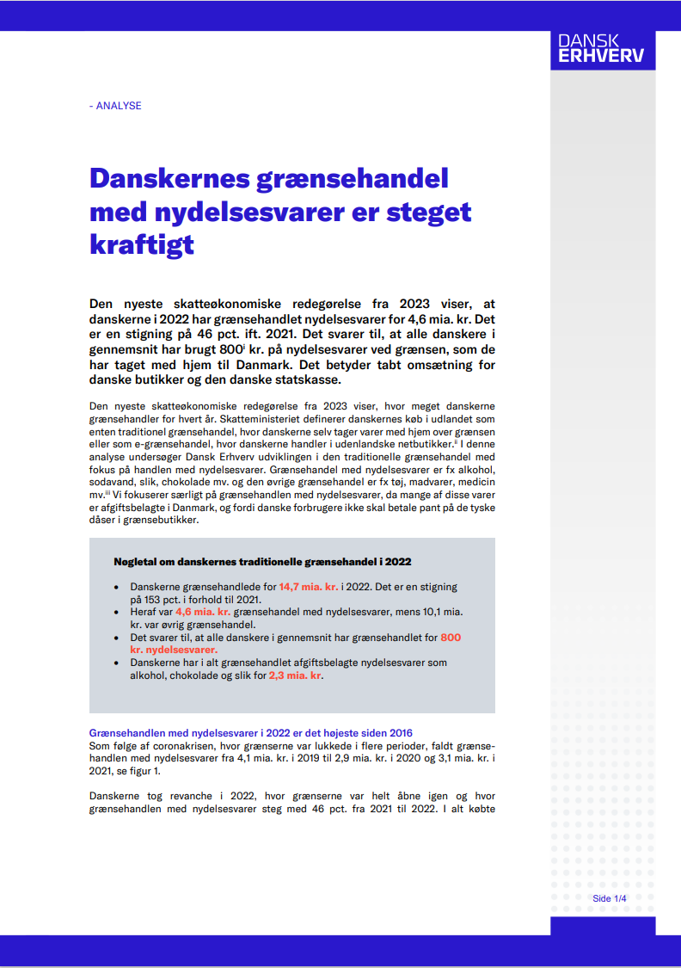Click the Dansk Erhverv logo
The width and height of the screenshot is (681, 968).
[601, 48]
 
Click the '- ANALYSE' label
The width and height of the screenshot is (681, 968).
[115, 106]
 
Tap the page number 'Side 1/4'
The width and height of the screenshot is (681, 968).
[610, 898]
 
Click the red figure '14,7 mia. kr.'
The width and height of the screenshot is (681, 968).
[309, 587]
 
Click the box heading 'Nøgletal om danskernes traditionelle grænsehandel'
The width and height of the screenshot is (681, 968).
[262, 561]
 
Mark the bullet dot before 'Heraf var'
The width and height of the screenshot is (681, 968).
[117, 612]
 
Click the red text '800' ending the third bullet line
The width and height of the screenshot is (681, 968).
[451, 638]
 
